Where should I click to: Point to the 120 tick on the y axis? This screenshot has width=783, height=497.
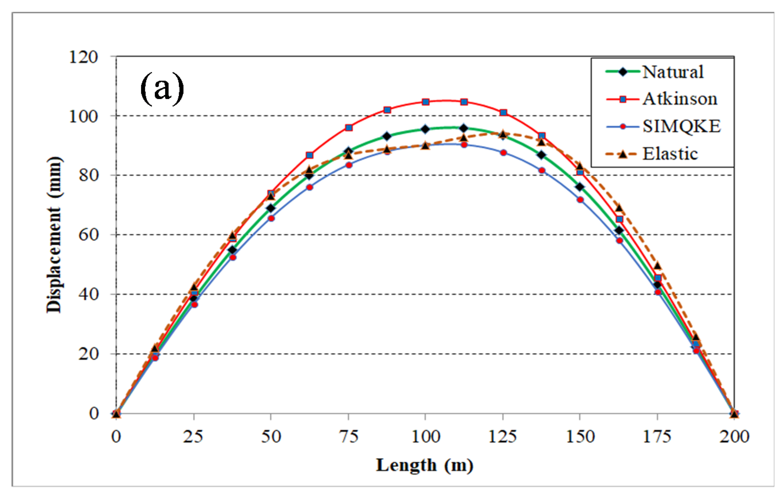pyautogui.click(x=83, y=57)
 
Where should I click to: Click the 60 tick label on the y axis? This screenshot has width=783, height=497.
pyautogui.click(x=88, y=235)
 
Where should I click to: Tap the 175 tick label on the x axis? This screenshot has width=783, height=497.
pyautogui.click(x=657, y=437)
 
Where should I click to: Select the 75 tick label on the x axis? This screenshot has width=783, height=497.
pyautogui.click(x=349, y=437)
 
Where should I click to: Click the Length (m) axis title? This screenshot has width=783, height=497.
pyautogui.click(x=425, y=465)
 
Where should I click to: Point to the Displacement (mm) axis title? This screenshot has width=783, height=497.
pyautogui.click(x=54, y=235)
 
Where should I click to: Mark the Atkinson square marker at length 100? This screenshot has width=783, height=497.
pyautogui.click(x=426, y=102)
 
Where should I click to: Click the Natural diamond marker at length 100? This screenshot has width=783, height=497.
pyautogui.click(x=425, y=129)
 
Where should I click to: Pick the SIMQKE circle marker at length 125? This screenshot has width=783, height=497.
pyautogui.click(x=503, y=153)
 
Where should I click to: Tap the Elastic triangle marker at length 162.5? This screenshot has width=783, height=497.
pyautogui.click(x=619, y=208)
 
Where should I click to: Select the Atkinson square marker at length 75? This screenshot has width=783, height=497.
pyautogui.click(x=349, y=128)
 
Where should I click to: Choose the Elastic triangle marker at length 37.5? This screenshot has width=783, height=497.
pyautogui.click(x=232, y=236)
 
